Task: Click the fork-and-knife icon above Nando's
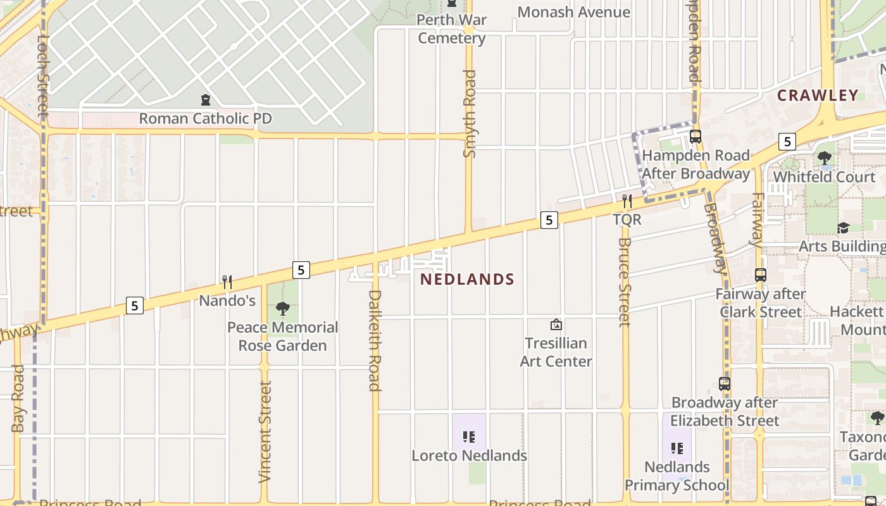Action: click(227, 282)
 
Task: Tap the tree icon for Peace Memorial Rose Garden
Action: click(283, 309)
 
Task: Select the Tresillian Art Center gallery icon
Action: click(556, 325)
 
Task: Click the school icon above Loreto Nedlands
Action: click(469, 436)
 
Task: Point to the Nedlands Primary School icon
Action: click(677, 448)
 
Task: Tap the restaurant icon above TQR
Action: click(627, 201)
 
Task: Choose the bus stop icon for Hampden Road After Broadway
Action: click(696, 136)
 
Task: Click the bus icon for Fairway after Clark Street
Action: click(761, 275)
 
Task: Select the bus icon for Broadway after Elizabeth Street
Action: click(725, 383)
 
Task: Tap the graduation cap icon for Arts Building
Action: click(843, 228)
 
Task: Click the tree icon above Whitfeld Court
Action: click(825, 158)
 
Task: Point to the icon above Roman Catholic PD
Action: click(205, 100)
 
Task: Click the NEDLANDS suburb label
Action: click(468, 279)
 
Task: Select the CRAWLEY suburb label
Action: click(818, 96)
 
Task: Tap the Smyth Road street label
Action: click(470, 114)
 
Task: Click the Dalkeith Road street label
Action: click(375, 340)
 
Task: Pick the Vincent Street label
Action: click(265, 431)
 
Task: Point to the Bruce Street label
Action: click(625, 282)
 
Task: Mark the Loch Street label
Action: click(43, 76)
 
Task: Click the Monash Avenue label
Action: click(573, 12)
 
